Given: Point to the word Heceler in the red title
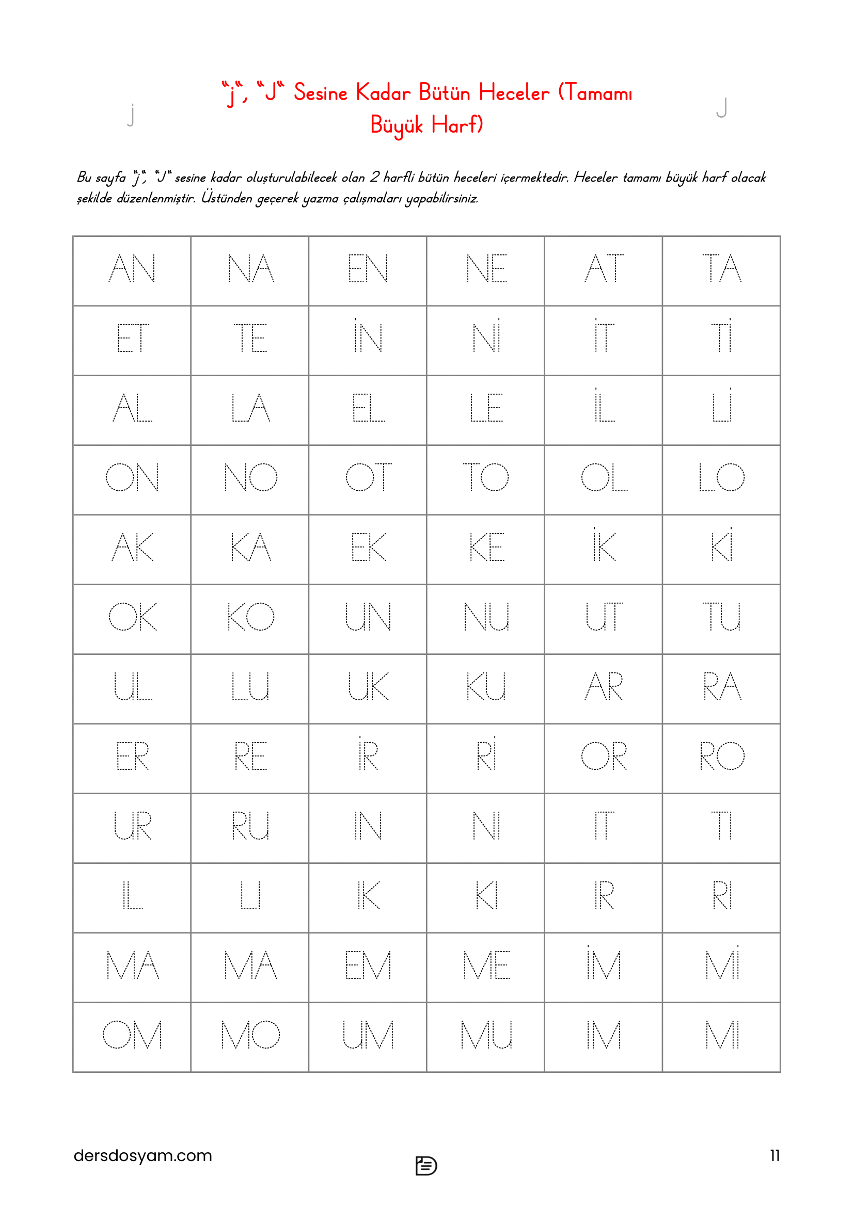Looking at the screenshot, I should tap(514, 93).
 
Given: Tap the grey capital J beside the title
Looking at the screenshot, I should tap(722, 108).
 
